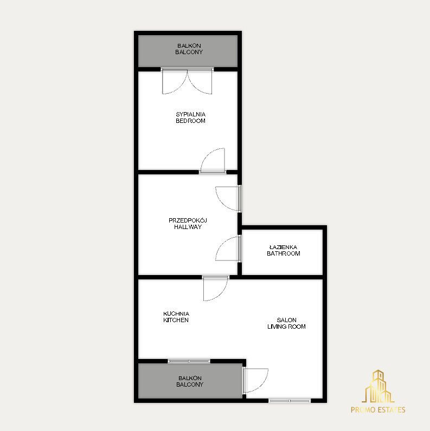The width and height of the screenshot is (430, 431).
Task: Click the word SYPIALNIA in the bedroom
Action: (x=190, y=114)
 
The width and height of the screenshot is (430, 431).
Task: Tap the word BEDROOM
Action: (x=190, y=121)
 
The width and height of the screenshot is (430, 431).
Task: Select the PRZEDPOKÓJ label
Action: (x=188, y=220)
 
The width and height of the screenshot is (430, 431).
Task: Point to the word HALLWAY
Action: (x=188, y=227)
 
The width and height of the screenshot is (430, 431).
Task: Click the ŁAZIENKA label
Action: (x=283, y=247)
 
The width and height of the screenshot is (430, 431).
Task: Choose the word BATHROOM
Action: (x=283, y=253)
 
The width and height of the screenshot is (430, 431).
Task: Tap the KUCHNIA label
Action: (x=176, y=314)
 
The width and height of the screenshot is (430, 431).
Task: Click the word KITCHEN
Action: (x=176, y=320)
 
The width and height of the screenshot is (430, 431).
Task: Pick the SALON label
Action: (x=286, y=320)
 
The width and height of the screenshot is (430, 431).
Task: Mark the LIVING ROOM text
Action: (x=286, y=326)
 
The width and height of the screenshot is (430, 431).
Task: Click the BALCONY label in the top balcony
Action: (x=189, y=52)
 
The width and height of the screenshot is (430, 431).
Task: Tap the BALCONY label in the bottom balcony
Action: (x=190, y=384)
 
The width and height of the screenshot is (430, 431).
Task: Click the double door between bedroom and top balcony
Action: (x=187, y=81)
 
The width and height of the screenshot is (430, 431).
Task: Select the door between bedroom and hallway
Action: (x=213, y=161)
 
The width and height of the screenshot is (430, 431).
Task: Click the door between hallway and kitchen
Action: (x=216, y=288)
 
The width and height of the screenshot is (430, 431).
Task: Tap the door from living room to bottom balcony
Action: (x=255, y=381)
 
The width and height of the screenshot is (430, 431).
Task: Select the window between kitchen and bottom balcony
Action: (x=189, y=361)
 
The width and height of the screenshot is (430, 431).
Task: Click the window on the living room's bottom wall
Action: (x=290, y=401)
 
